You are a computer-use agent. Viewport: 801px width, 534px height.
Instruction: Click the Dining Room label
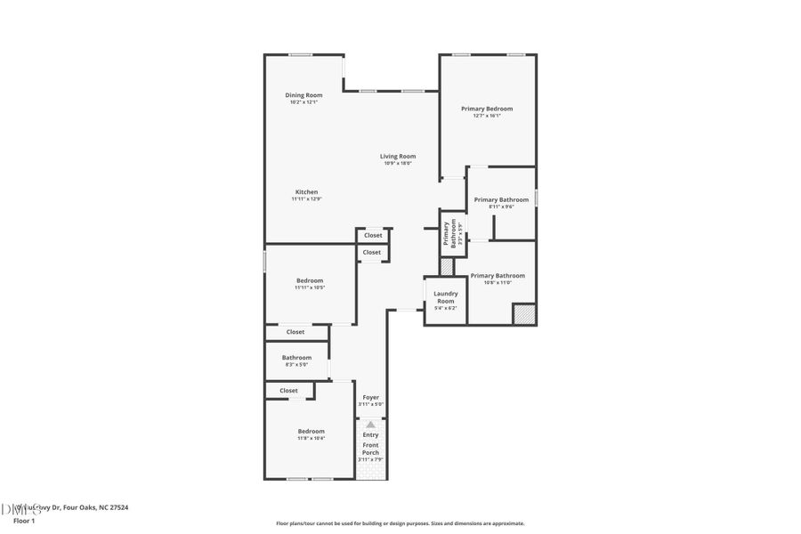303,95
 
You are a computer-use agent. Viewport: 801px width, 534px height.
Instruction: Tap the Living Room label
398,157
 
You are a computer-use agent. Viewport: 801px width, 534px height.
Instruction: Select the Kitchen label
307,192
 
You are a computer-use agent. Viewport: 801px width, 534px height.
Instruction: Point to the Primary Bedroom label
487,109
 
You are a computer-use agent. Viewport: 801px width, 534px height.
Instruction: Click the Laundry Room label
445,297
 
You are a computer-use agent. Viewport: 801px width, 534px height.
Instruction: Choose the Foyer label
370,397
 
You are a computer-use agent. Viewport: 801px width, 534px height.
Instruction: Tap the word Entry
370,434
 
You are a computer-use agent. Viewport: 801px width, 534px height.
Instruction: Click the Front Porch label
370,449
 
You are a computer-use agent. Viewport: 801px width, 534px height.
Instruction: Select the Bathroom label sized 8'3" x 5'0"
296,358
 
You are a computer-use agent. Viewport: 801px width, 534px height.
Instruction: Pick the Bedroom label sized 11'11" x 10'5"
310,280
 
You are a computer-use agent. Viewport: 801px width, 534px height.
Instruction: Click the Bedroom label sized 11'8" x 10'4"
311,432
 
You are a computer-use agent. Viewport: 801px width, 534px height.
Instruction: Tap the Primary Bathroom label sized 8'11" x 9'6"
501,200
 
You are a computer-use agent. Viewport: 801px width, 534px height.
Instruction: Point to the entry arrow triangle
370,425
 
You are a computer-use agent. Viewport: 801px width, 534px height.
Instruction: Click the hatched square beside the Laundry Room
447,266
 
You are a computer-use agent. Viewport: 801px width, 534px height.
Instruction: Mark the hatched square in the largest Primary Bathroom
524,314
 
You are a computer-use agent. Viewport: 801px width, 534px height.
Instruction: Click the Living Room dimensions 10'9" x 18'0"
398,164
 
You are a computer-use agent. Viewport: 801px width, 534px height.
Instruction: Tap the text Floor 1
23,520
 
